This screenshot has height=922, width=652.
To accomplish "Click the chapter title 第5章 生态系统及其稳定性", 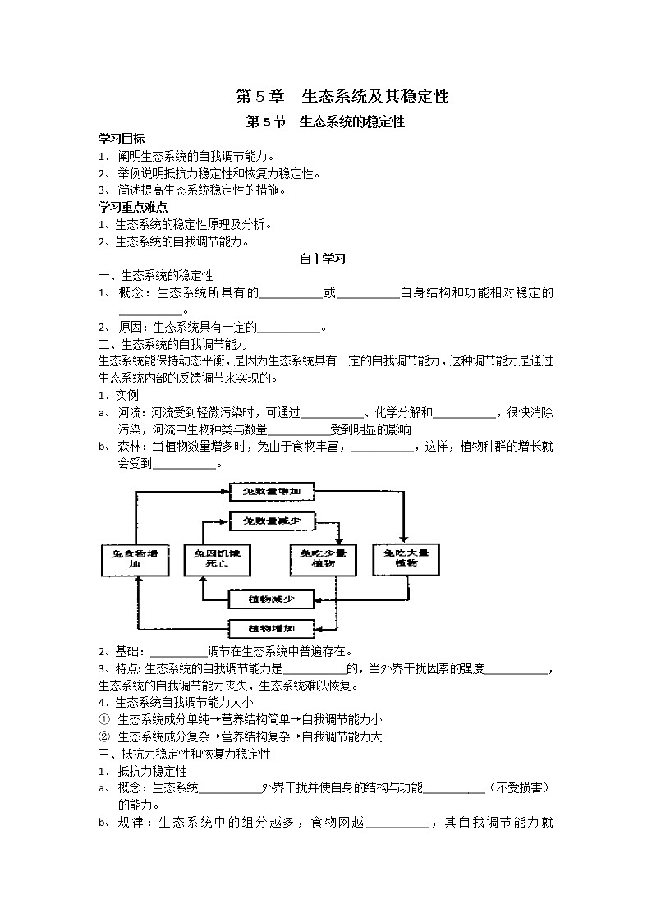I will pyautogui.click(x=342, y=96).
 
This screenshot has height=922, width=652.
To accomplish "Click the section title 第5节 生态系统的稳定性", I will pyautogui.click(x=326, y=122).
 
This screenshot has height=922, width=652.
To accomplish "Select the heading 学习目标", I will pyautogui.click(x=122, y=140).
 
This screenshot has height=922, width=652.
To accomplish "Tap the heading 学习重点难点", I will pyautogui.click(x=133, y=208).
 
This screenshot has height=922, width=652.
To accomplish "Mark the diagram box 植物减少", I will pyautogui.click(x=271, y=599).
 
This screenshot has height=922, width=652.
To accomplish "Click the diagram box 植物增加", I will pyautogui.click(x=271, y=629).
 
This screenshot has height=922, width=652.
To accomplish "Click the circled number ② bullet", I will pyautogui.click(x=104, y=736).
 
